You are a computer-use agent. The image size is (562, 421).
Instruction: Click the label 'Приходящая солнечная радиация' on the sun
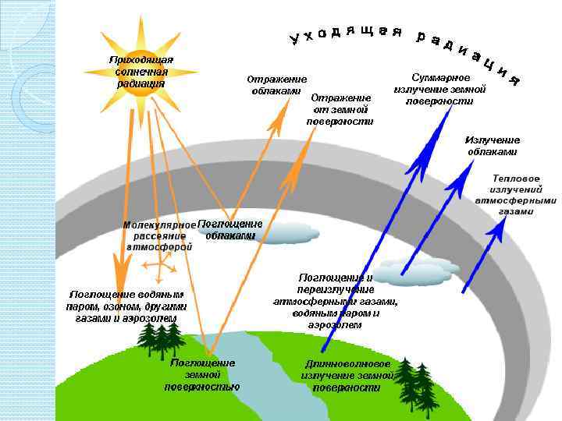140,72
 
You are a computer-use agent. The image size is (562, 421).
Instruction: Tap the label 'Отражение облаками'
276,85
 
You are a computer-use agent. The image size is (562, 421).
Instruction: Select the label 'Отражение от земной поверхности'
340,109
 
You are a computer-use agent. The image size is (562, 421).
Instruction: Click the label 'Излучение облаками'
492,145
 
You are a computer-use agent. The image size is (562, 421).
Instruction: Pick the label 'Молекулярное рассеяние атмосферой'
159,236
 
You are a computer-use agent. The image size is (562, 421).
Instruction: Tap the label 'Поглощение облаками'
230,230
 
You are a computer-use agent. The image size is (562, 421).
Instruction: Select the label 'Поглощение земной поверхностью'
202,375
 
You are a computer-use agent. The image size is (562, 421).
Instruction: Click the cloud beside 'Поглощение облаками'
285,232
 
